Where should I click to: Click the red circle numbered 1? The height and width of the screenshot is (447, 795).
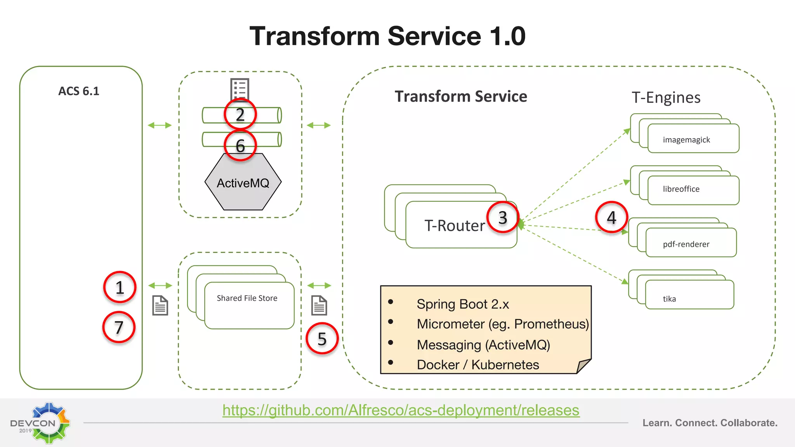[120, 288]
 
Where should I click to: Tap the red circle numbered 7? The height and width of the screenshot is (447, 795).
[119, 327]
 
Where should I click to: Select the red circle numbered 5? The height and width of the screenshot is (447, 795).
[322, 339]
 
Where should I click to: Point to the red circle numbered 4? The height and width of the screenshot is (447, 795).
[611, 217]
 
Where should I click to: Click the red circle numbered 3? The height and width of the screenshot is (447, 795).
[503, 217]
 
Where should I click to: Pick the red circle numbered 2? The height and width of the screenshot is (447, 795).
[240, 114]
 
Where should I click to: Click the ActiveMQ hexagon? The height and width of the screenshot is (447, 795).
[243, 183]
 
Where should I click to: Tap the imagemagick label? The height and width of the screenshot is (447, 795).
[686, 140]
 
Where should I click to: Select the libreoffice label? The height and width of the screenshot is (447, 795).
[681, 189]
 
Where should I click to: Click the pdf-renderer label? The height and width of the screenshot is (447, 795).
[686, 244]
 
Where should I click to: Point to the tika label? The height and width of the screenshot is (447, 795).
[669, 299]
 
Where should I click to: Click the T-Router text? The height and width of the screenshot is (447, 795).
[455, 225]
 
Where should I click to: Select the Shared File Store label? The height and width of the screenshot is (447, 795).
[247, 298]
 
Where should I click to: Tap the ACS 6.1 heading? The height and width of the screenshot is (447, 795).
[79, 91]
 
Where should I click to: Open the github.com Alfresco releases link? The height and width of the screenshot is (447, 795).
[401, 410]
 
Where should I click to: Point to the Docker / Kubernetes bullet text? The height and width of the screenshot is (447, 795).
[477, 365]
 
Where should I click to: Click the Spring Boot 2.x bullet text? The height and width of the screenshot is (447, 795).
[463, 304]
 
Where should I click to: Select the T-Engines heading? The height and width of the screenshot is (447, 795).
[666, 97]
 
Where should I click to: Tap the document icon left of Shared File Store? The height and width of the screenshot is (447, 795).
[160, 305]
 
